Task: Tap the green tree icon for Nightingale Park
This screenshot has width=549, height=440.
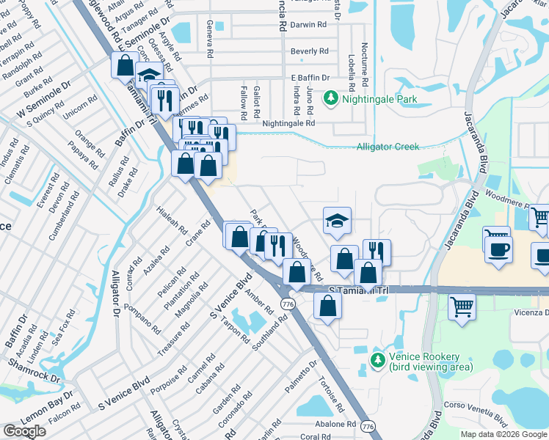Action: (331, 98)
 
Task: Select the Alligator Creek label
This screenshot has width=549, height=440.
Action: (388, 147)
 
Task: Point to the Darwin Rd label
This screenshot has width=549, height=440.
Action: (308, 24)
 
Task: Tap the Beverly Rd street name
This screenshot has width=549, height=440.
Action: (309, 51)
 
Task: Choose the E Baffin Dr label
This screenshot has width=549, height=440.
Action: (310, 77)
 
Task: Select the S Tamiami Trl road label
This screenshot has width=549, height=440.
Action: (357, 291)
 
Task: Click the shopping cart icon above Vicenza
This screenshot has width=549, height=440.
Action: (462, 307)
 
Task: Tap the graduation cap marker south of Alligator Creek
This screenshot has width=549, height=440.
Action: (336, 220)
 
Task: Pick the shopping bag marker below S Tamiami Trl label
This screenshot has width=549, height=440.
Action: (327, 306)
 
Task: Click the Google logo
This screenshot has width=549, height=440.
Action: (24, 431)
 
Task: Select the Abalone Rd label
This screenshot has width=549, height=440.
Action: (331, 424)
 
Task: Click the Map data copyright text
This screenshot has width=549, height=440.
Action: (503, 434)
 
